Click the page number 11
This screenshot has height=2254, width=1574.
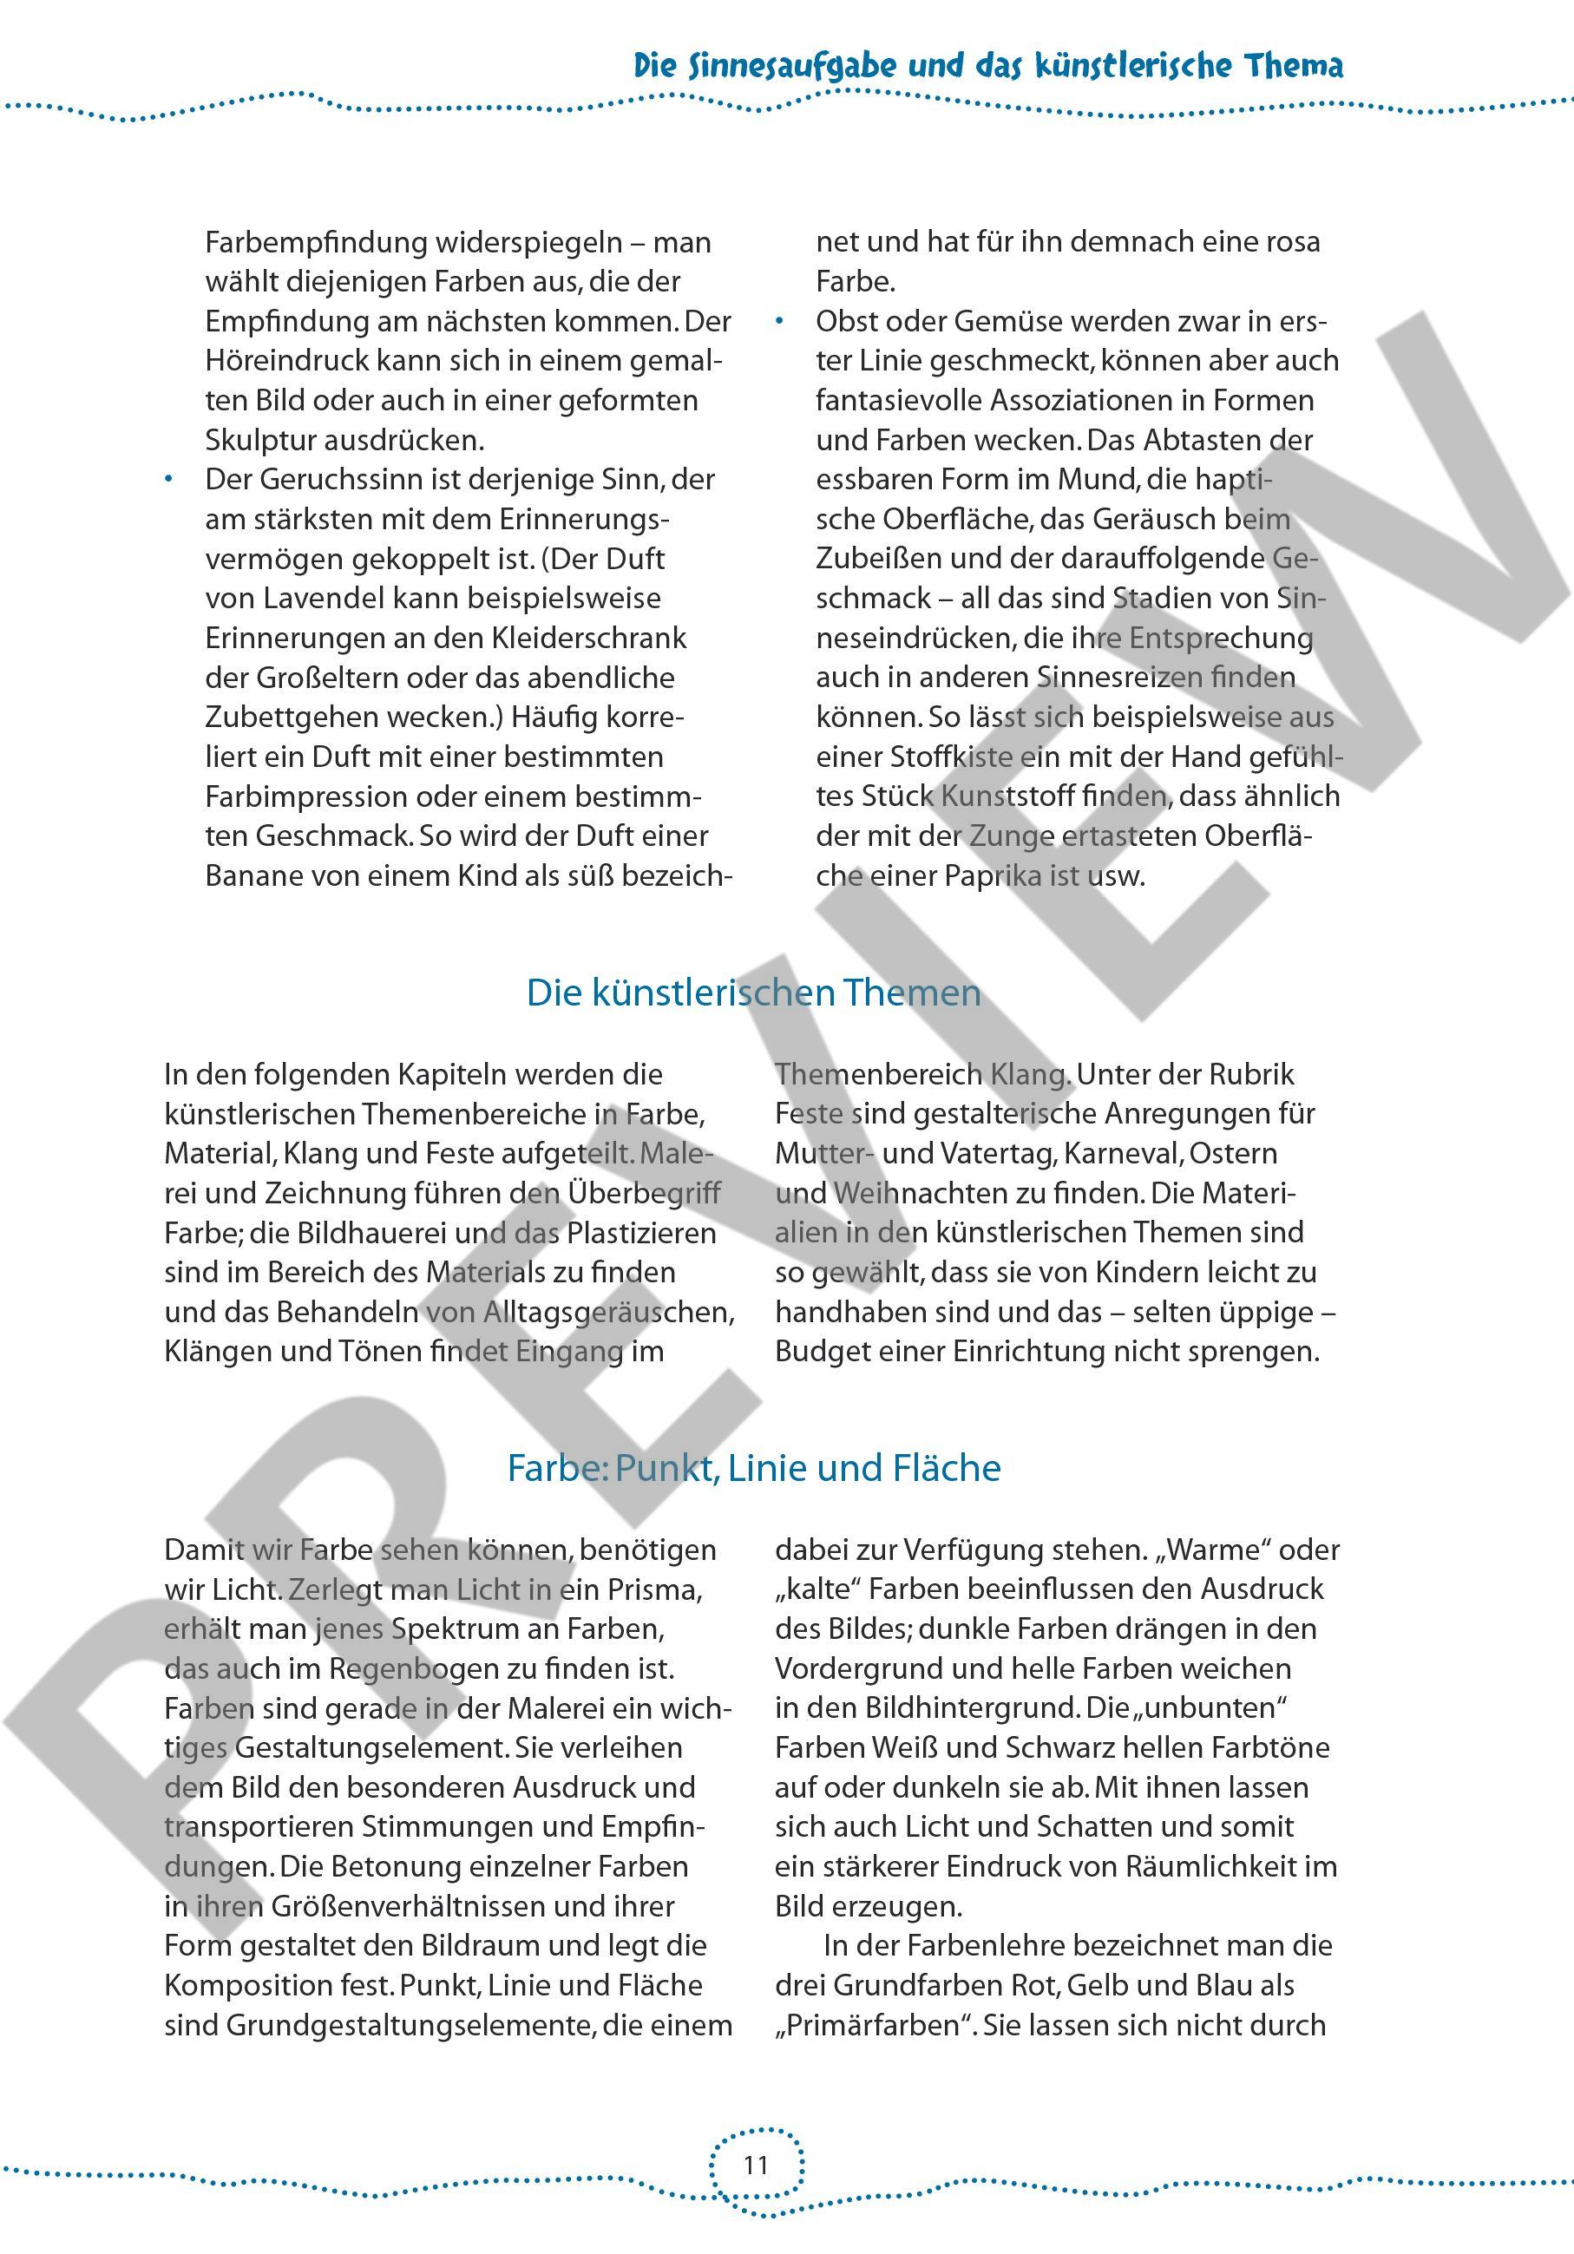point(755,2165)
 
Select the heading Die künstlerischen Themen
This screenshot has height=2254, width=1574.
point(753,993)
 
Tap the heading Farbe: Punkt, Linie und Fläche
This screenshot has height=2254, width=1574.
point(753,1468)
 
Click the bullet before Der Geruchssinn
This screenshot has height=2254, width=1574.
point(169,479)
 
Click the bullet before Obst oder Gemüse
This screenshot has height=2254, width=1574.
point(781,321)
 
